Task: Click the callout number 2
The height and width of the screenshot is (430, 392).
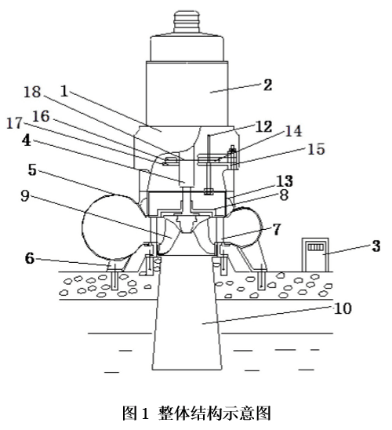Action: (x=267, y=85)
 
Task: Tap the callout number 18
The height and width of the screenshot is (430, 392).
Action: (x=32, y=92)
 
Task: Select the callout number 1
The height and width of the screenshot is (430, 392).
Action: (x=64, y=91)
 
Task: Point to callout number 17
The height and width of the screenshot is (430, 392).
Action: (x=14, y=123)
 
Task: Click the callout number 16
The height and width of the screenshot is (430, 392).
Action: (x=41, y=116)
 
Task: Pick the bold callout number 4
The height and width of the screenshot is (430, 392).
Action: (x=27, y=141)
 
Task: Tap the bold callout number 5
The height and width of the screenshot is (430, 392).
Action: (x=32, y=170)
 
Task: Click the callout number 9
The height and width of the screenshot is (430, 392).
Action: (x=25, y=196)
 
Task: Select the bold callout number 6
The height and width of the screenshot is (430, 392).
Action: (x=30, y=258)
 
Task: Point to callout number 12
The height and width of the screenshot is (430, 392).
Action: (x=263, y=126)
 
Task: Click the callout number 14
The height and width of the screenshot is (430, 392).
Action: (x=293, y=131)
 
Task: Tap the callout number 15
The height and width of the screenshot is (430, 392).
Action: (x=316, y=149)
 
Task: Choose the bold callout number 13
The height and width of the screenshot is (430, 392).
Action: (x=285, y=181)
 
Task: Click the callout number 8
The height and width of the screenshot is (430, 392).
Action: (x=284, y=195)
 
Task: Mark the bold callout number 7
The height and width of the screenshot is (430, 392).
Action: (x=276, y=229)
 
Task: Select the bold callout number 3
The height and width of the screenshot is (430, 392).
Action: (x=376, y=246)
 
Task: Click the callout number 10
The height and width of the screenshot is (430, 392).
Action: (x=343, y=308)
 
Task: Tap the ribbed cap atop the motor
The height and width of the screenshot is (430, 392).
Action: (x=187, y=23)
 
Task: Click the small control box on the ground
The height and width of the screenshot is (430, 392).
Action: (x=315, y=254)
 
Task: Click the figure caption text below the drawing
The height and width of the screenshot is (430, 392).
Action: (x=196, y=414)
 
